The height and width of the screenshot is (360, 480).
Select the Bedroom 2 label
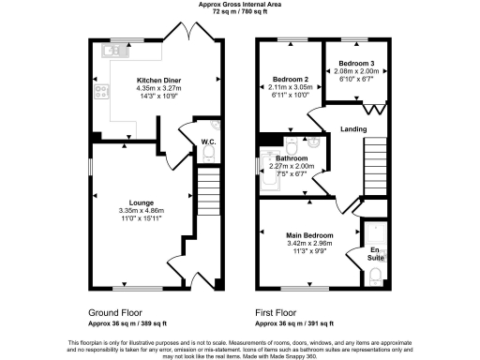pyautogui.click(x=292, y=80)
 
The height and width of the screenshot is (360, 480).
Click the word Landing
pyautogui.click(x=353, y=128)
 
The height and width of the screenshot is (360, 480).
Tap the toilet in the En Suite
pyautogui.click(x=374, y=273)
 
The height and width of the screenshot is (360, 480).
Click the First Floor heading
pyautogui.click(x=280, y=312)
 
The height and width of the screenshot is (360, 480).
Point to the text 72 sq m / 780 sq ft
pyautogui.click(x=239, y=13)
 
